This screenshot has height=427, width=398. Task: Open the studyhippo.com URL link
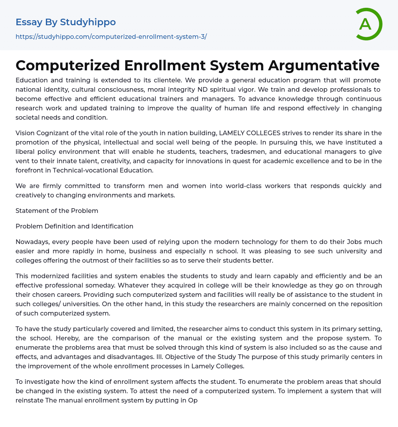coord(111,37)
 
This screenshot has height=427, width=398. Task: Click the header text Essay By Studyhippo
coord(66,22)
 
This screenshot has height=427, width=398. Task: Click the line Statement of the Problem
coord(57,211)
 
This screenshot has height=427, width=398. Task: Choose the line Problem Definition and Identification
coord(74,226)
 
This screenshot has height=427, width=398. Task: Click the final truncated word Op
coord(194,400)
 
